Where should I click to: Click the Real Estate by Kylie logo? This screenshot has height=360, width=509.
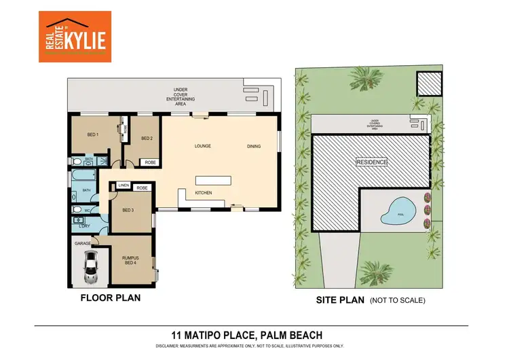[73, 37]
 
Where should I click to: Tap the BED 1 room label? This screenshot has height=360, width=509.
[93, 134]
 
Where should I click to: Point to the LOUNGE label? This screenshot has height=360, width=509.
[202, 145]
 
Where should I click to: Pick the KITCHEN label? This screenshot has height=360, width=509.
[204, 193]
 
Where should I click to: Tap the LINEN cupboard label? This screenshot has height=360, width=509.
[124, 185]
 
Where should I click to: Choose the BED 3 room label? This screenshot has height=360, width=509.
[128, 210]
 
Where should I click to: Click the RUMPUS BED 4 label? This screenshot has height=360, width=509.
[130, 259]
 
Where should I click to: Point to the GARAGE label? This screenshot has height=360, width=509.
[83, 242]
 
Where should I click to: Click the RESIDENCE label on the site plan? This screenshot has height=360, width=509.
[372, 162]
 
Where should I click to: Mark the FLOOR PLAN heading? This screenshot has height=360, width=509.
[111, 298]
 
